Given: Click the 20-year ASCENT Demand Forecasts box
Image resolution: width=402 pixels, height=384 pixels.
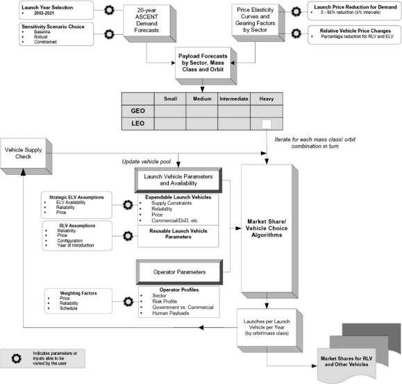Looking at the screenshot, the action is point(149,23).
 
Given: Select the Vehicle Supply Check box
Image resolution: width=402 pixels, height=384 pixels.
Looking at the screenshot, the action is point(26,156).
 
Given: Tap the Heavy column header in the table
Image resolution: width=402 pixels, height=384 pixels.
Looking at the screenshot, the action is point(267,99).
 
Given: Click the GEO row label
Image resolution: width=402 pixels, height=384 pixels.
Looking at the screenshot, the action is point(138,111).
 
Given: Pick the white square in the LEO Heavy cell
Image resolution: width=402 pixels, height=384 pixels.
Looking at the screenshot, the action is point(267,124).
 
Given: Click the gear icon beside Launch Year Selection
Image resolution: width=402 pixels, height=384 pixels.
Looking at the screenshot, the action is point(109,10).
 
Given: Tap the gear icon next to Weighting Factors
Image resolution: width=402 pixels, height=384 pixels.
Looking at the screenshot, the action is point(128,301).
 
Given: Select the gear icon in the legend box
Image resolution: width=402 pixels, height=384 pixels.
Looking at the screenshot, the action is point(17,358).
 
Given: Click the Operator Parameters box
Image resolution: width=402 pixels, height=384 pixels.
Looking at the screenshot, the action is point(179,272).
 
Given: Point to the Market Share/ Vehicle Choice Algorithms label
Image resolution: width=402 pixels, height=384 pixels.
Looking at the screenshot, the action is point(267,228).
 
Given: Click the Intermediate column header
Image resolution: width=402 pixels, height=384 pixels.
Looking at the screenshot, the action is point(234,99).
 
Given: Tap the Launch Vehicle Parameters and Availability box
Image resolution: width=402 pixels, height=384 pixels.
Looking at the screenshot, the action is point(178,180).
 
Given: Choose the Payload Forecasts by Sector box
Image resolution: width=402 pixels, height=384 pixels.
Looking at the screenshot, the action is point(206,66).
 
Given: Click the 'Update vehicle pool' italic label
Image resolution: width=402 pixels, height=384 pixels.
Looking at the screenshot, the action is point(146,162).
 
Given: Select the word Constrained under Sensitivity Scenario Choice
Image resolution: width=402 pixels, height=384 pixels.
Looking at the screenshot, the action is point(45,42).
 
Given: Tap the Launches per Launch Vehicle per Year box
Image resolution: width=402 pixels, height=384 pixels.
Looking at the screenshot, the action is point(269,331).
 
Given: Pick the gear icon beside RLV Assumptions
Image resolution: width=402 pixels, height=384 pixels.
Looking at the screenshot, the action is point(128,236).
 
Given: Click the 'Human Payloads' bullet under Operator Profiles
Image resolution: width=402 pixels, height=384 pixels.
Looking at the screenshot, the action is point(171,313).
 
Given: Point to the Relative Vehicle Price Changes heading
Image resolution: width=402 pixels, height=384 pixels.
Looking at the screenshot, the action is point(355,31).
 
